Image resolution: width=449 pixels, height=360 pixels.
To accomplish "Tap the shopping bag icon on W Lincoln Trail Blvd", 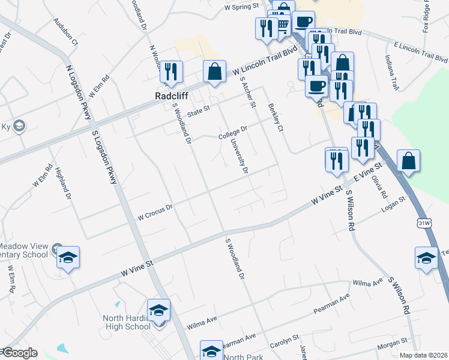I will coord(214,72).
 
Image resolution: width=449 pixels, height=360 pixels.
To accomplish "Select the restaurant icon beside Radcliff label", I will coord(171,72).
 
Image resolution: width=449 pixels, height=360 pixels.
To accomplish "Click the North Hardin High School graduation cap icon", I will coord(159,310).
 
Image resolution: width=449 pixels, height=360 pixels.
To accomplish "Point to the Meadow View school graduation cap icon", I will coord(68,258).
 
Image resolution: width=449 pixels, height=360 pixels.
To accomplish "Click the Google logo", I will coord(19,353).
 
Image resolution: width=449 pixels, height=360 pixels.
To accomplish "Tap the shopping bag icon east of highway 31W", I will coord(408,161).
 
